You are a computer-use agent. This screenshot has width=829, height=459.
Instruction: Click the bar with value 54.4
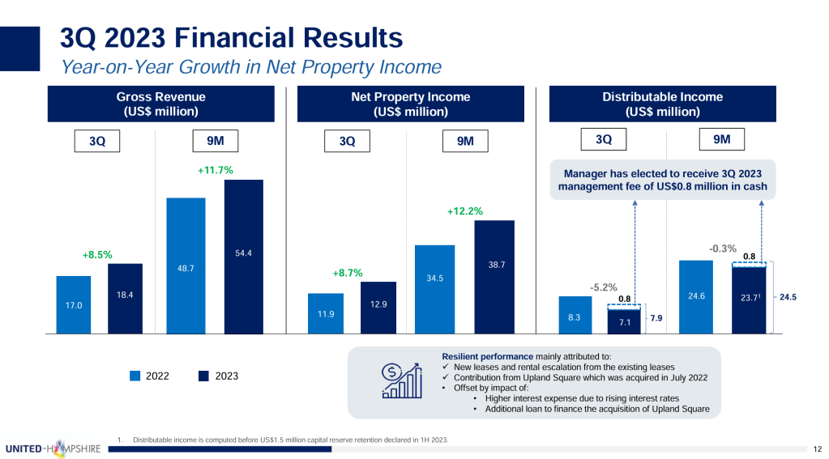pyautogui.click(x=244, y=256)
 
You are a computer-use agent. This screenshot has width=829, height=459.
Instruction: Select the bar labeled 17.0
pyautogui.click(x=73, y=304)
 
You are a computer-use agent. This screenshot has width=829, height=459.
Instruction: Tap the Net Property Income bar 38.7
pyautogui.click(x=494, y=276)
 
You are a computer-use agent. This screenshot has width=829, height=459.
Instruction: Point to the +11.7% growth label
pyautogui.click(x=215, y=171)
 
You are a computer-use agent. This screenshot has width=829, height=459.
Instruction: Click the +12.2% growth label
pyautogui.click(x=465, y=211)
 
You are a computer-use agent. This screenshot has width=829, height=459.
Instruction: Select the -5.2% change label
pyautogui.click(x=604, y=287)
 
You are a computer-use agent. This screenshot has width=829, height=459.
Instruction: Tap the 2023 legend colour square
pyautogui.click(x=203, y=376)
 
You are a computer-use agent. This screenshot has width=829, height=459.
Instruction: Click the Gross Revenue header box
pyautogui.click(x=162, y=104)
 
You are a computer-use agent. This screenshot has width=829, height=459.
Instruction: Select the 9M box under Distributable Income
pyautogui.click(x=722, y=140)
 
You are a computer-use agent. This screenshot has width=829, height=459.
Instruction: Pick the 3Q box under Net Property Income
pyautogui.click(x=348, y=142)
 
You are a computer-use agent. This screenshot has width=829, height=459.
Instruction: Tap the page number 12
pyautogui.click(x=816, y=448)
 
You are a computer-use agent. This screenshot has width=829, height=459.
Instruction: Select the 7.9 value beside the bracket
pyautogui.click(x=657, y=320)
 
